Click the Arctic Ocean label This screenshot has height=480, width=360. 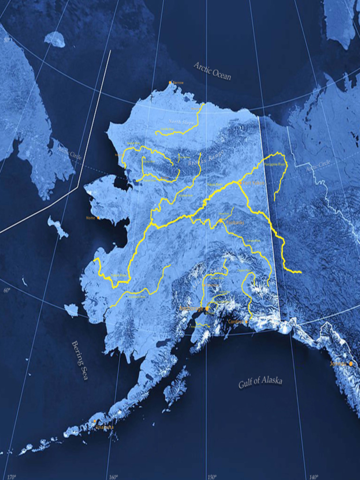point(213,71)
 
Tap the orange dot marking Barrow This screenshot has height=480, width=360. point(171,83)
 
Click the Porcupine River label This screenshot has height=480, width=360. point(275,165)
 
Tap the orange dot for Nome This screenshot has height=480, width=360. point(98,218)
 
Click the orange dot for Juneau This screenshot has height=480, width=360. point(350,363)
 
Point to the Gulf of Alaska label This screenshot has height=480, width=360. point(260,382)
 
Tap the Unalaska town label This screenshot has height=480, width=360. point(105,427)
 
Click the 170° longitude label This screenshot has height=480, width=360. point(11,477)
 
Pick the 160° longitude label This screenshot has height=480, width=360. point(113,477)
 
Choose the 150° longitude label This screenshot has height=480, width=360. point(211,477)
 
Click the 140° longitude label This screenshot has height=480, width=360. point(313,477)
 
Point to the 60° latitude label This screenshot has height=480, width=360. point(7,290)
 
